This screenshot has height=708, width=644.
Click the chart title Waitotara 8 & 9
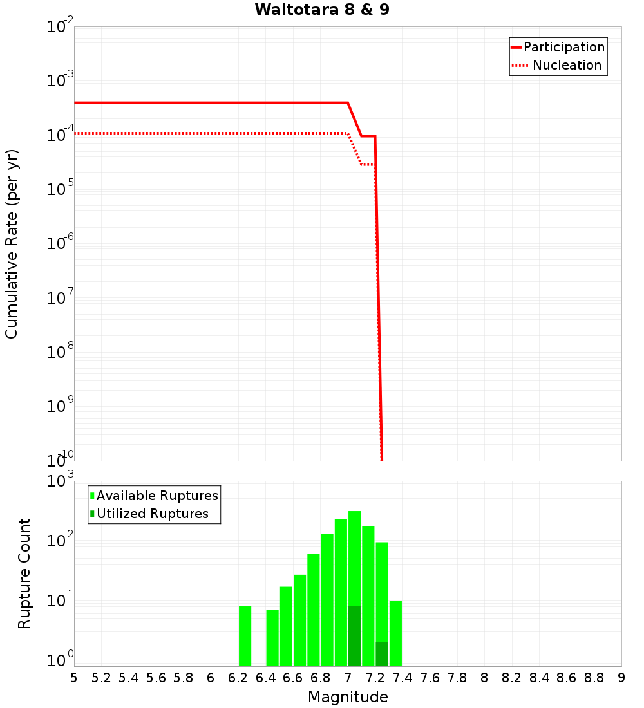pyautogui.click(x=322, y=10)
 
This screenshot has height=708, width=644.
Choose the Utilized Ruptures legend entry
pyautogui.click(x=152, y=514)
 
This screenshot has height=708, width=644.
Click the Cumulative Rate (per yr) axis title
pyautogui.click(x=12, y=244)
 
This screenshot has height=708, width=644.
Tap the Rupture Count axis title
pyautogui.click(x=24, y=573)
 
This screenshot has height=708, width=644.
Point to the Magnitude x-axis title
pyautogui.click(x=348, y=697)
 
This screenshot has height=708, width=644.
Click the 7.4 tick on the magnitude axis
pyautogui.click(x=402, y=678)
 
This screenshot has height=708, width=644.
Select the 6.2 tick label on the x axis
pyautogui.click(x=238, y=678)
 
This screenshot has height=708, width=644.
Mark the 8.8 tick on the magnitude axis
pyautogui.click(x=594, y=678)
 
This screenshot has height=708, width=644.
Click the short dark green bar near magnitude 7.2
pyautogui.click(x=382, y=654)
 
